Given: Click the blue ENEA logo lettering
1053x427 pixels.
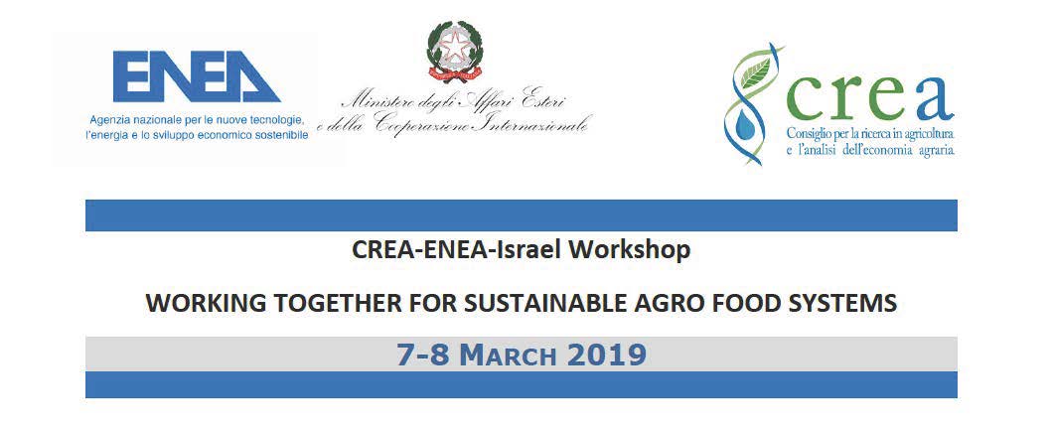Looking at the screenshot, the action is [196, 76].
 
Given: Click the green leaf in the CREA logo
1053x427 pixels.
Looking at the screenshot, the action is [753, 71].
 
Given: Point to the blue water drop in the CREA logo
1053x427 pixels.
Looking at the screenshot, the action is [743, 124].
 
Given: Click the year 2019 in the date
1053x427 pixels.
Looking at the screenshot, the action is [606, 355].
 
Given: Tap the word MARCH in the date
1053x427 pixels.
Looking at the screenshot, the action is [513, 356].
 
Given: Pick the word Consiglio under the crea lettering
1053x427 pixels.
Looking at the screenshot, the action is [808, 134].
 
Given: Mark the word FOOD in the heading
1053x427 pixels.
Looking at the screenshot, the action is [750, 304].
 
